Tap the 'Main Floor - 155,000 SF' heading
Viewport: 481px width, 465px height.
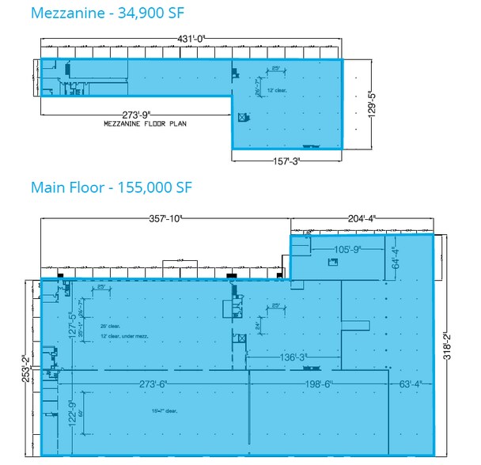click(x=111, y=187)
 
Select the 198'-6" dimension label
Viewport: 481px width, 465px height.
click(x=317, y=384)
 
